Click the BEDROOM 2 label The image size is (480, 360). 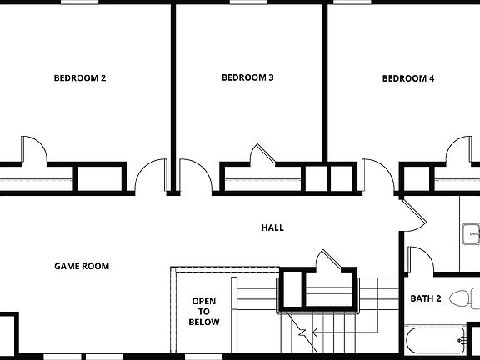tap(80, 79)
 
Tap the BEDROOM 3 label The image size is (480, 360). tap(247, 78)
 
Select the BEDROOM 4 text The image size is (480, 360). tap(408, 79)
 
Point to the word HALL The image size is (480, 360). tap(272, 227)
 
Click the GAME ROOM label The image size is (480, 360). tap(82, 267)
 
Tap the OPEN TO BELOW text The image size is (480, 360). tap(204, 311)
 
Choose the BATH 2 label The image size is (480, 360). tap(426, 298)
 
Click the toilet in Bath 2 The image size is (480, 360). tap(463, 297)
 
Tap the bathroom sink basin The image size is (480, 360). tap(472, 234)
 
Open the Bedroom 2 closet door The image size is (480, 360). tap(34, 149)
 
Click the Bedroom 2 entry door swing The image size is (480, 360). tap(150, 177)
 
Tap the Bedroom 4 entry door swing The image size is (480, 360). tap(377, 177)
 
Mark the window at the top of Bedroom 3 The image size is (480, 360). tap(242, 2)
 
